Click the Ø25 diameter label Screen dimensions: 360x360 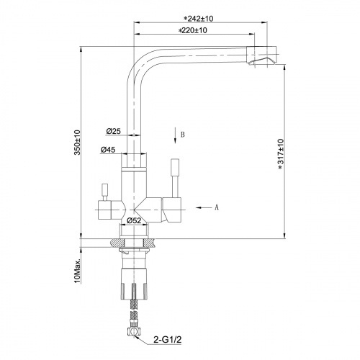click(112, 131)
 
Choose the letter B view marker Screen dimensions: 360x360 click(184, 134)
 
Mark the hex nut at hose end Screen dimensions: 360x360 click(134, 332)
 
